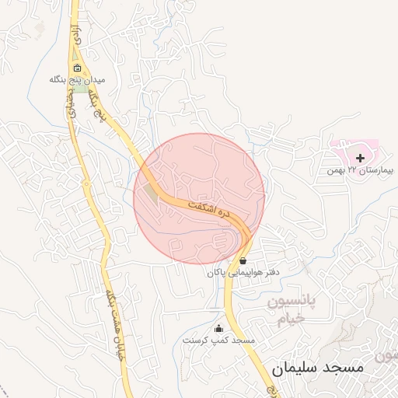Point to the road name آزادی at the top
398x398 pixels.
[x=75, y=33]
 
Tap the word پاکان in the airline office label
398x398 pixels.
[x=218, y=273]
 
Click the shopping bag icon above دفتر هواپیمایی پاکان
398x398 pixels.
[x=243, y=261]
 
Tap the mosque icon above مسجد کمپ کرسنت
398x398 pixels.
[x=218, y=328]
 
